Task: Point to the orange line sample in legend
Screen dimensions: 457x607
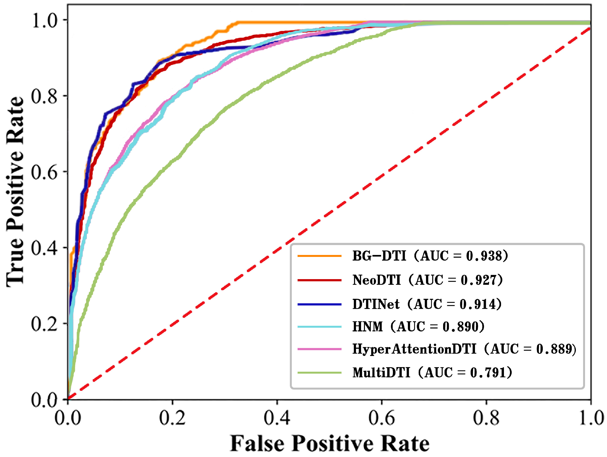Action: pyautogui.click(x=319, y=256)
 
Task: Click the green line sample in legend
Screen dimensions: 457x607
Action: pyautogui.click(x=319, y=373)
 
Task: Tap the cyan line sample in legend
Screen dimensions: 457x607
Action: pyautogui.click(x=319, y=327)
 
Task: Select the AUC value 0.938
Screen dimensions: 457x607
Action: pyautogui.click(x=484, y=256)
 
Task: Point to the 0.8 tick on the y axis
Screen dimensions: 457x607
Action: pyautogui.click(x=44, y=96)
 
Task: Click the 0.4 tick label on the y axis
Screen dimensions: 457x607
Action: pyautogui.click(x=44, y=248)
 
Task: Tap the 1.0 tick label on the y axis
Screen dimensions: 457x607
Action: pyautogui.click(x=44, y=20)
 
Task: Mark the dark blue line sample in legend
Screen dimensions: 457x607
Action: pyautogui.click(x=319, y=304)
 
